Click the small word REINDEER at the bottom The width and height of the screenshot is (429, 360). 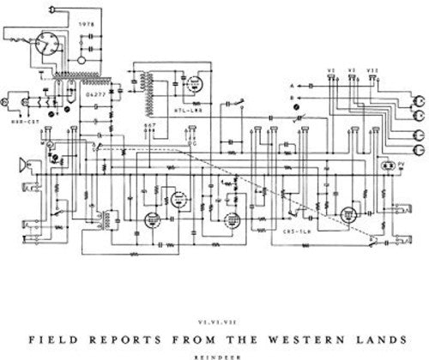214,349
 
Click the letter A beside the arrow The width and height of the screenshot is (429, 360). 293,87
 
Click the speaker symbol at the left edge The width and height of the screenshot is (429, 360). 20,165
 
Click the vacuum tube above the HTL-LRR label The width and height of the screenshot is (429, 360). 194,85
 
